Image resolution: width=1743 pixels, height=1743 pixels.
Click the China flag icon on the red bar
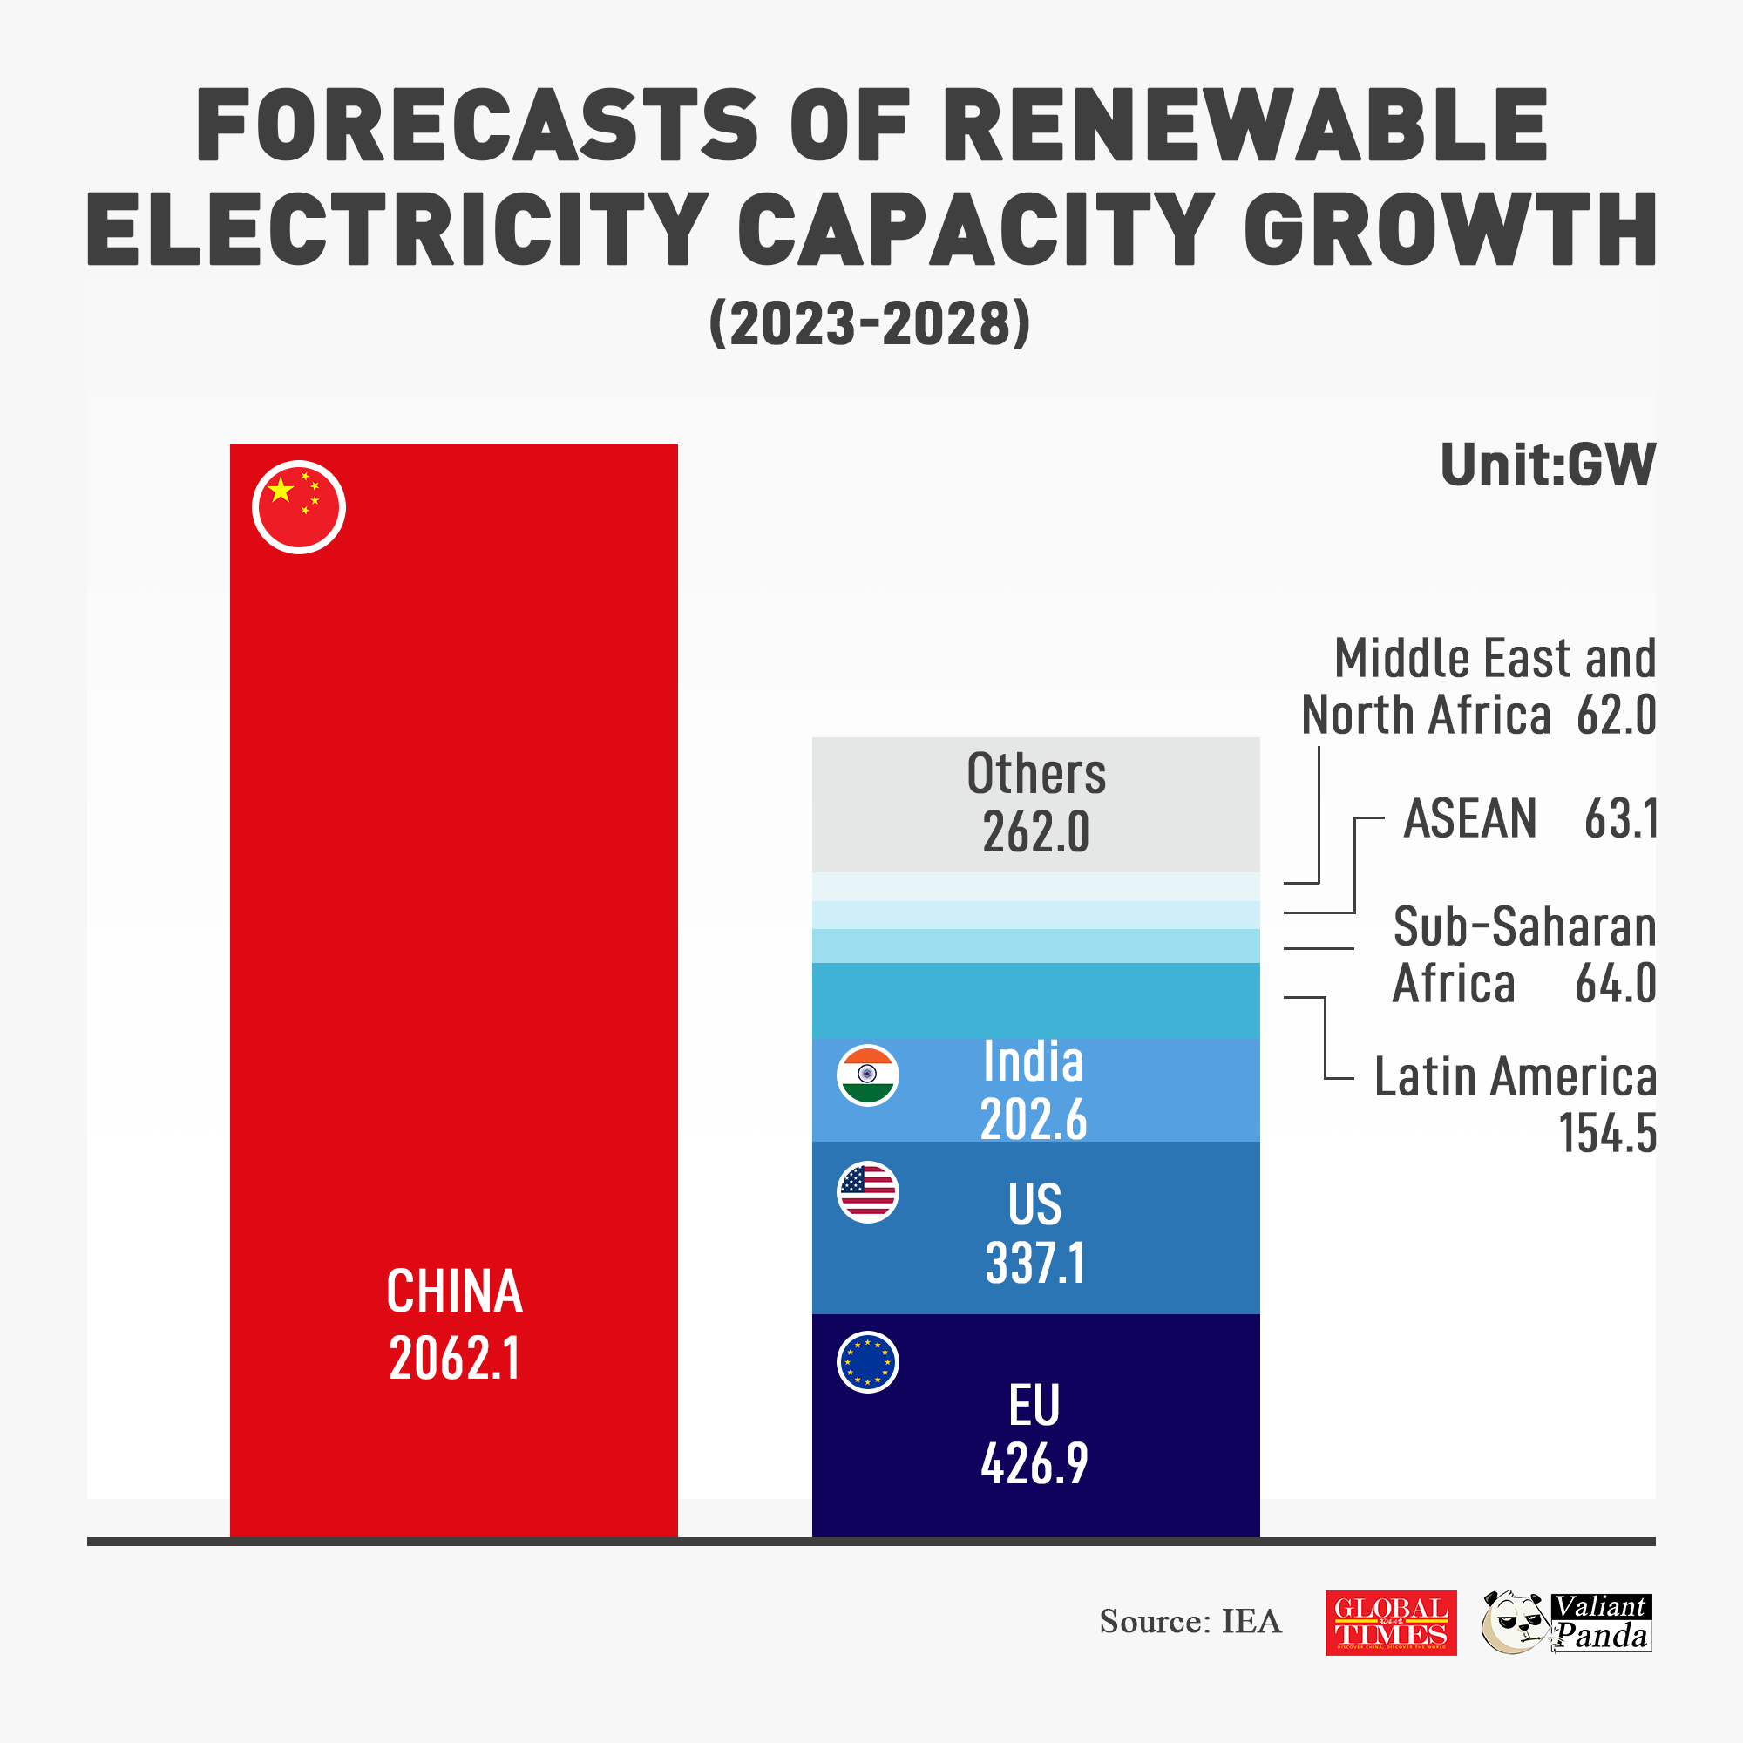pyautogui.click(x=299, y=507)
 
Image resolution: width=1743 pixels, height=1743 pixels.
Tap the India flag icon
pyautogui.click(x=867, y=1075)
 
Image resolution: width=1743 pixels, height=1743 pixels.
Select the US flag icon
pyautogui.click(x=867, y=1191)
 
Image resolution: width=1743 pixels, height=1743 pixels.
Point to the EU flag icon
pyautogui.click(x=867, y=1362)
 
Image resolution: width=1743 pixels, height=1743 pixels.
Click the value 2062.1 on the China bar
pyautogui.click(x=455, y=1358)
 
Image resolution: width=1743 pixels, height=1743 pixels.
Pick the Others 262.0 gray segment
pyautogui.click(x=1035, y=804)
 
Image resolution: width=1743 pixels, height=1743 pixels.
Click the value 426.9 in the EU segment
pyautogui.click(x=1034, y=1462)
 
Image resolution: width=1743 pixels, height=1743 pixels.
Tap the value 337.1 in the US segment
pyautogui.click(x=1034, y=1262)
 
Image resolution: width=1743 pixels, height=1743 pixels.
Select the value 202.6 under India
pyautogui.click(x=1034, y=1120)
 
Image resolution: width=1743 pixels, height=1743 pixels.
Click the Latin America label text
pyautogui.click(x=1515, y=1077)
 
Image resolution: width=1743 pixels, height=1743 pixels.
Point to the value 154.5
pyautogui.click(x=1607, y=1133)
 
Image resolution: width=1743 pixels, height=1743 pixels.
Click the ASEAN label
pyautogui.click(x=1469, y=819)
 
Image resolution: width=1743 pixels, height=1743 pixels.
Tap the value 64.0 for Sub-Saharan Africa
pyautogui.click(x=1615, y=983)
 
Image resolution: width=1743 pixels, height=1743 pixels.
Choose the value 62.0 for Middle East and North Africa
pyautogui.click(x=1616, y=716)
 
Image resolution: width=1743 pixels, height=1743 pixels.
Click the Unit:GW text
pyautogui.click(x=1547, y=465)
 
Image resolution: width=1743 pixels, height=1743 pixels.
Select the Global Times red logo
pyautogui.click(x=1390, y=1622)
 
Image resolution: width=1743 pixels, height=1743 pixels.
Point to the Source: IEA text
pyautogui.click(x=1190, y=1622)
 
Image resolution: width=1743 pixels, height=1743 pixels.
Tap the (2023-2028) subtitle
pyautogui.click(x=870, y=324)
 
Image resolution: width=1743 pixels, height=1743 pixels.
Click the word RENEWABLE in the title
pyautogui.click(x=1245, y=126)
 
